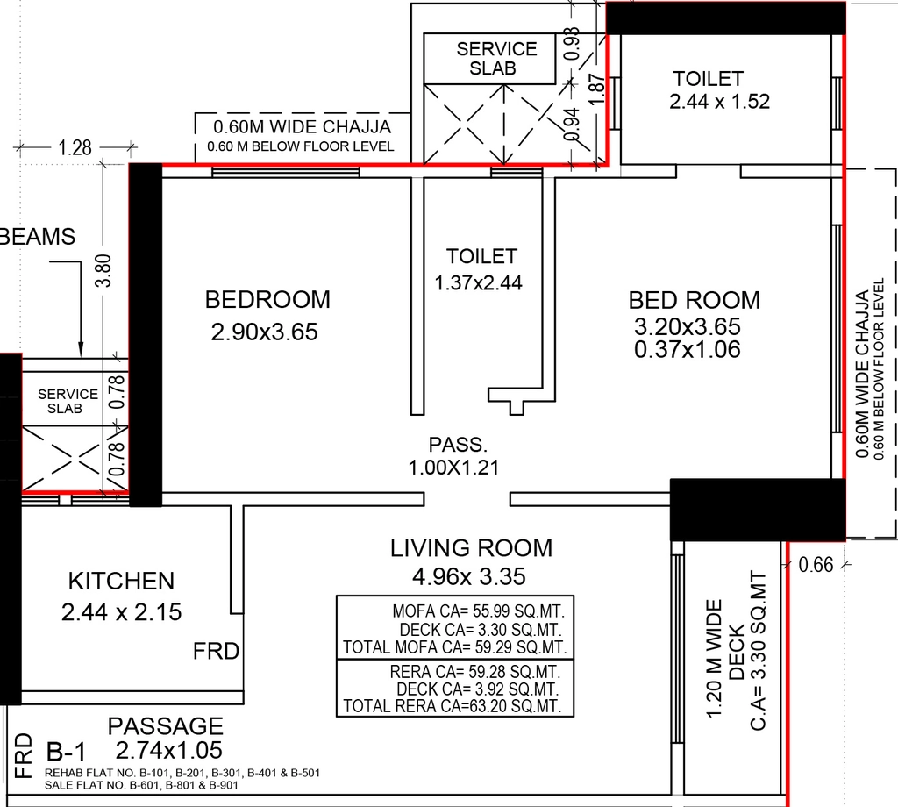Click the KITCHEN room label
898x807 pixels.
click(121, 581)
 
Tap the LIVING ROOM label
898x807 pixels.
click(471, 548)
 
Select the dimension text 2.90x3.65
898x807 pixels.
click(264, 332)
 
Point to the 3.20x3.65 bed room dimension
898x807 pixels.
click(688, 326)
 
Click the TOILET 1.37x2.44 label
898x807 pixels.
click(479, 269)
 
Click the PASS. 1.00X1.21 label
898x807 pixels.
click(453, 456)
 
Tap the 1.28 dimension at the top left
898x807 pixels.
click(75, 147)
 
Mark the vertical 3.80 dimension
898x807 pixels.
click(103, 270)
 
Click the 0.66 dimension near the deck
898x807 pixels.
click(816, 565)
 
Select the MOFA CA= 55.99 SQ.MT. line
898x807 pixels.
click(478, 611)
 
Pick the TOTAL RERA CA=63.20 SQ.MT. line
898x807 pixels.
click(453, 706)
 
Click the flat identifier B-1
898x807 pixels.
click(66, 752)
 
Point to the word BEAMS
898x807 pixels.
click(38, 237)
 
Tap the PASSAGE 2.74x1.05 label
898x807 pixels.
click(167, 739)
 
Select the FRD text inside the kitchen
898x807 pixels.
click(216, 651)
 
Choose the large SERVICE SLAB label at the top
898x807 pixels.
click(496, 59)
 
